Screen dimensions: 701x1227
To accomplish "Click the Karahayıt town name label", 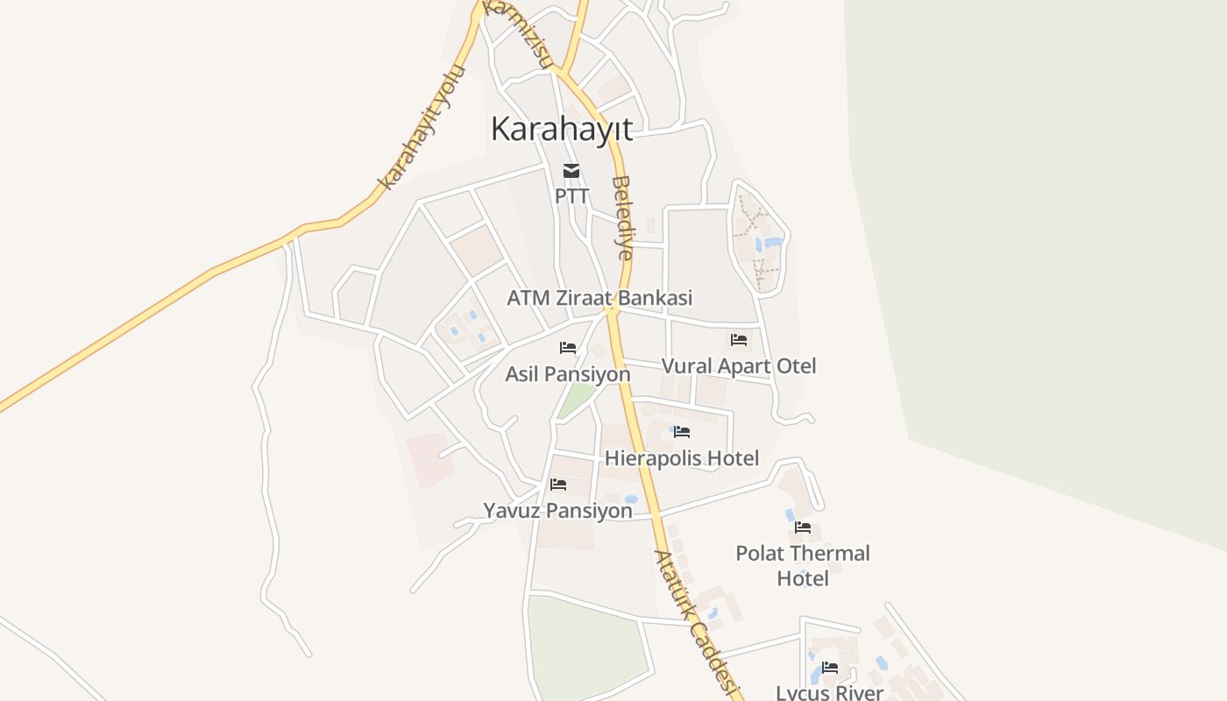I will point(561,129).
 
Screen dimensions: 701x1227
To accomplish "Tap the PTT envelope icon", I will point(571,171).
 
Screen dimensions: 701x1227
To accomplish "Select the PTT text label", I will point(571,195).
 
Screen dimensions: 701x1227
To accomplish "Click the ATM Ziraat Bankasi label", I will point(599,298).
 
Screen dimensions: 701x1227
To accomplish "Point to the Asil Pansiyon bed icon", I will point(568,348).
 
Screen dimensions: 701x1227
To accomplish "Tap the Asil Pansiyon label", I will point(568,374).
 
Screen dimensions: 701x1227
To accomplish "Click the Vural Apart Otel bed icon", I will point(739,340).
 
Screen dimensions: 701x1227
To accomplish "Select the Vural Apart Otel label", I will point(739,366).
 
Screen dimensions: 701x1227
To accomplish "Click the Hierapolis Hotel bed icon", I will point(682,432).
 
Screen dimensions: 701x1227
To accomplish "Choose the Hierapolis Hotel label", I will point(682,458).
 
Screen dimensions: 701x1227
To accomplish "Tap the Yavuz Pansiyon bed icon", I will point(558,485).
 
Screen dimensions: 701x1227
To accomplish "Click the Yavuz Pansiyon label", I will point(558,511).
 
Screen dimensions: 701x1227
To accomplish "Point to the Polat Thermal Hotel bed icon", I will point(803,528).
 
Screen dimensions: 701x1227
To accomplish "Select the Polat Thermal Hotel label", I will point(803,566).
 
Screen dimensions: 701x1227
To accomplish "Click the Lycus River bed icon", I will point(830,668).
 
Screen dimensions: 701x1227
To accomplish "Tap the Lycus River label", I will point(830,692).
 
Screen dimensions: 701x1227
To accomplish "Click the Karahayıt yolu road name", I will point(422,127).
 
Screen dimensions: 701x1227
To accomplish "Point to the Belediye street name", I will point(622,218).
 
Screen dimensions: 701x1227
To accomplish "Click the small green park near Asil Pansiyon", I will point(576,400).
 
